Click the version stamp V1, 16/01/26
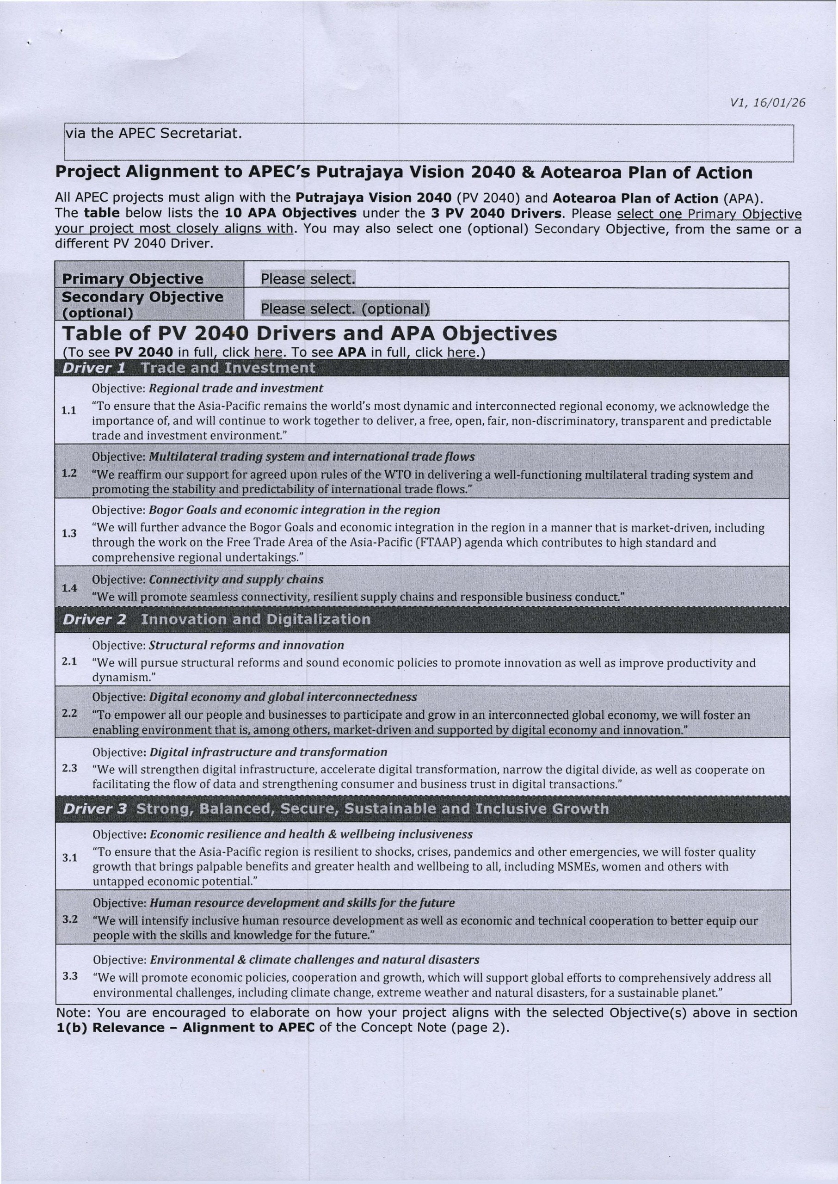pyautogui.click(x=767, y=103)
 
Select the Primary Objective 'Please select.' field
pyautogui.click(x=308, y=278)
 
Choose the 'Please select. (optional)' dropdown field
pyautogui.click(x=345, y=308)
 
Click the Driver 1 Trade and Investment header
pyautogui.click(x=188, y=368)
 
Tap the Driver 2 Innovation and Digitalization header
pyautogui.click(x=217, y=619)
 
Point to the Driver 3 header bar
pyautogui.click(x=335, y=808)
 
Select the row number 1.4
pyautogui.click(x=69, y=588)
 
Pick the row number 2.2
pyautogui.click(x=70, y=714)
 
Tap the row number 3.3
pyautogui.click(x=70, y=976)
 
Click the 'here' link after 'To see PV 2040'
pyautogui.click(x=268, y=352)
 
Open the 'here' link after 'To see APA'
pyautogui.click(x=461, y=352)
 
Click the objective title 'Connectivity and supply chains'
pyautogui.click(x=236, y=580)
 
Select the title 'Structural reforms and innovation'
pyautogui.click(x=246, y=645)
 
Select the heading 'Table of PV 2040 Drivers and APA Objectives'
pyautogui.click(x=309, y=334)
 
